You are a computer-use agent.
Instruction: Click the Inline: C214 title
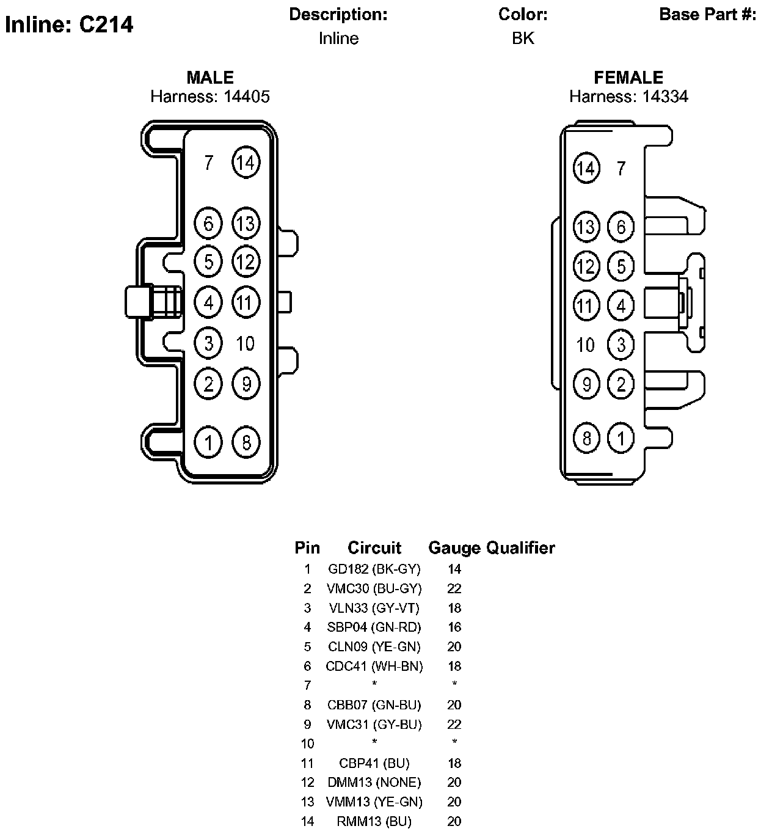click(x=69, y=24)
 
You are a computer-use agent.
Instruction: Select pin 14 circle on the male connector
click(x=246, y=163)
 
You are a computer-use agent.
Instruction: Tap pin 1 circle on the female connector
click(x=621, y=438)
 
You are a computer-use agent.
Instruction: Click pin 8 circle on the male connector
click(x=246, y=442)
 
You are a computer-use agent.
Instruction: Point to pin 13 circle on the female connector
click(x=586, y=227)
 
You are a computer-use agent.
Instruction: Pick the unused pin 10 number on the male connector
click(x=246, y=344)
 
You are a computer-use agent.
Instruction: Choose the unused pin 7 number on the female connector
click(x=621, y=169)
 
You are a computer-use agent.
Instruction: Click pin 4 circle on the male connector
click(x=209, y=302)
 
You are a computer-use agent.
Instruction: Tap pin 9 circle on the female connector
click(x=586, y=384)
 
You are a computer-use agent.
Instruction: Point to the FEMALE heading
click(x=628, y=78)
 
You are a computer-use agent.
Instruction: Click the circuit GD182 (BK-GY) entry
click(x=374, y=569)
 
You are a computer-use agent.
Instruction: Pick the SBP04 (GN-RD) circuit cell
click(x=374, y=627)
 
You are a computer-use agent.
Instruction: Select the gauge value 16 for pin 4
click(x=454, y=627)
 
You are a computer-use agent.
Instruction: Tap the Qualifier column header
click(x=520, y=548)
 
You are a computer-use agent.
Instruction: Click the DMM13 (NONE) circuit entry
click(x=374, y=783)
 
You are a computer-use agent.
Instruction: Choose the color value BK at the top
click(x=523, y=38)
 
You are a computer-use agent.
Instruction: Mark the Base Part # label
click(x=708, y=15)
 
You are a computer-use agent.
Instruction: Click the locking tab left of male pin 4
click(x=139, y=302)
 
